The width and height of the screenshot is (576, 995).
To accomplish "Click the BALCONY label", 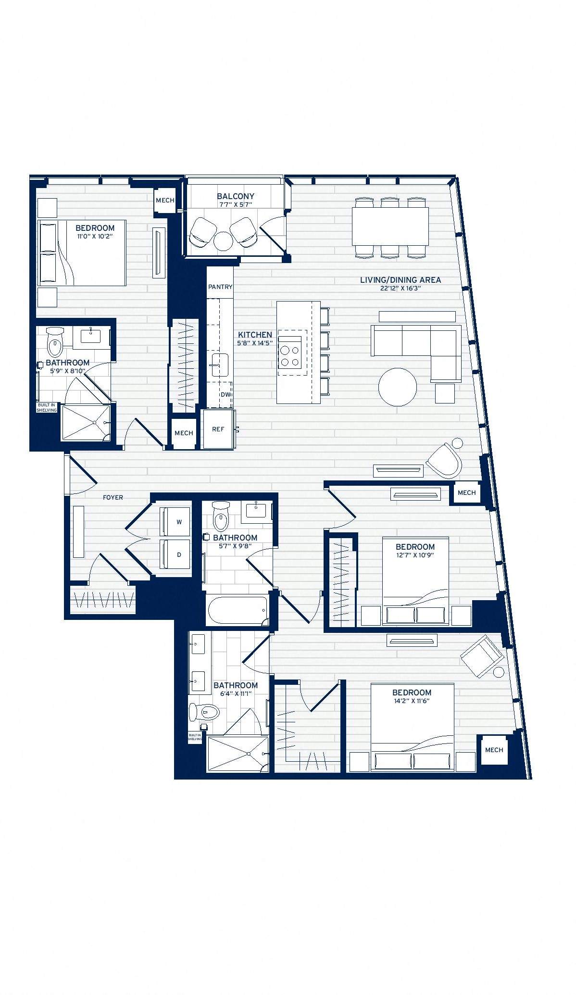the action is coord(235,196).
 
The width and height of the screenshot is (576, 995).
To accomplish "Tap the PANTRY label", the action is coord(220,287).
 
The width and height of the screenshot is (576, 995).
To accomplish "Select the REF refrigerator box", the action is coord(218,429).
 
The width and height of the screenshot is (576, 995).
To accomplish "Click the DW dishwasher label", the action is coord(225,394).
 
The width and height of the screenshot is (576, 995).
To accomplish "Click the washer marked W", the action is coord(175,521).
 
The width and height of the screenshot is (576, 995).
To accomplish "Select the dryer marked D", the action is coord(175,554).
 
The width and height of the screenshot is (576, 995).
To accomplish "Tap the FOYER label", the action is coord(113,497).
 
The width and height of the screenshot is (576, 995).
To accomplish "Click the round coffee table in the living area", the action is coord(398,387).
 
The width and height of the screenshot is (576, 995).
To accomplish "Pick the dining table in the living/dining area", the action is coord(390,226).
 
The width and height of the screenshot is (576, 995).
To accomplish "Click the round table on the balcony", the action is coord(223,241).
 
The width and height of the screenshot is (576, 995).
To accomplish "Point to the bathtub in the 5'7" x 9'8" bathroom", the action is coord(238,611).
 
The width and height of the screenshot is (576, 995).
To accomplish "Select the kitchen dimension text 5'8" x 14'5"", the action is coord(255,343).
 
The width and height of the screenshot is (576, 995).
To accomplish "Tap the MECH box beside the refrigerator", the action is coord(184,433).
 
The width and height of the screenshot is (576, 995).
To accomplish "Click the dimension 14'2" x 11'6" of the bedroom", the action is coord(412,701).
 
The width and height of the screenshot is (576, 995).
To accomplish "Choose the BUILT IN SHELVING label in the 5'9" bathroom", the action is coord(47,407).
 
